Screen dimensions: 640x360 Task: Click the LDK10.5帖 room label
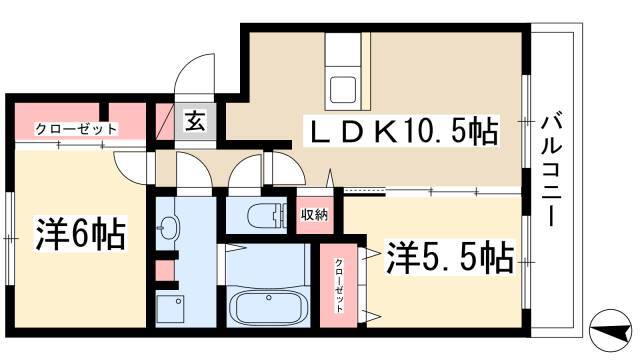click(404, 131)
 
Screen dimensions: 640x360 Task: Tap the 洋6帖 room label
click(80, 234)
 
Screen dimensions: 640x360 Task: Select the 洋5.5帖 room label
click(450, 258)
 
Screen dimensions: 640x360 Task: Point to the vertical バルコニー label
click(551, 170)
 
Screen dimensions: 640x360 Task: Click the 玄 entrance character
click(195, 121)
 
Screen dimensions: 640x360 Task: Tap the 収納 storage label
click(314, 215)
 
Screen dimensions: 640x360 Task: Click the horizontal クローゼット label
click(76, 129)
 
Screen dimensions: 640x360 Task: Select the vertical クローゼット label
click(339, 285)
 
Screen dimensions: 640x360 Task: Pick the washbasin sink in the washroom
click(167, 226)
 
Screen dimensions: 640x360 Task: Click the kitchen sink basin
click(343, 90)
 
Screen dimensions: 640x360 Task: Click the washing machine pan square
click(170, 309)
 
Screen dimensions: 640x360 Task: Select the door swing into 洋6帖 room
click(129, 168)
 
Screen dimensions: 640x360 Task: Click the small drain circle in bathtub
click(269, 298)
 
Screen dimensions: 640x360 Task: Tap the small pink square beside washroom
click(165, 270)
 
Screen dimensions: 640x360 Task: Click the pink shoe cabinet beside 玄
click(165, 122)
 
